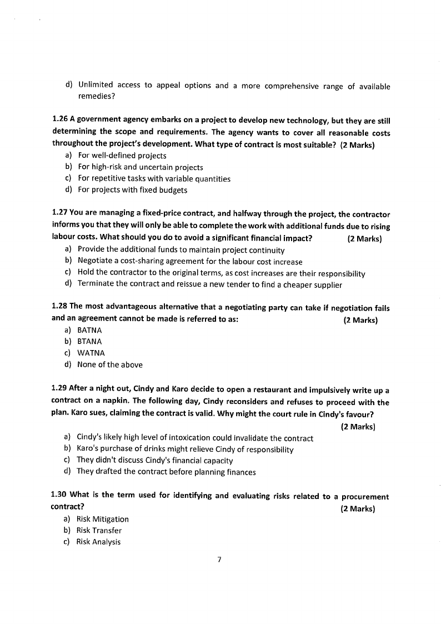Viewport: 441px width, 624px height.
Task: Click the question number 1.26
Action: click(x=60, y=119)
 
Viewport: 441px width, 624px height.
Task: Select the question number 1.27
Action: click(x=59, y=214)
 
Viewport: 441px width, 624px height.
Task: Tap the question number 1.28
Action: click(x=59, y=307)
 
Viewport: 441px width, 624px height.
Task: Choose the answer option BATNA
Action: click(x=89, y=330)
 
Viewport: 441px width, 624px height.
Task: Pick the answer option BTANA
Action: click(x=89, y=342)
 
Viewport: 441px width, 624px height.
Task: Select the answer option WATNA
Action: click(x=91, y=353)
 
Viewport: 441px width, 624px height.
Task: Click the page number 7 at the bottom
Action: click(x=220, y=560)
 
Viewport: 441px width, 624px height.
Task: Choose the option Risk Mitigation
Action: click(x=102, y=519)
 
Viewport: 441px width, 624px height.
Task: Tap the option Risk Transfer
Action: click(x=99, y=530)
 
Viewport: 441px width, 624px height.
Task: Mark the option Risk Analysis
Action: click(x=98, y=542)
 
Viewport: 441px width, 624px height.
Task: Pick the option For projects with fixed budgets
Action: click(x=132, y=190)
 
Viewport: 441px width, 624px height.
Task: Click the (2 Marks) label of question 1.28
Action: click(x=360, y=320)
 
